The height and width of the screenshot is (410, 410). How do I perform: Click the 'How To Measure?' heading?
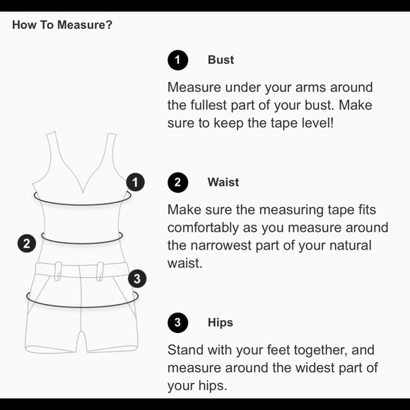(x=62, y=25)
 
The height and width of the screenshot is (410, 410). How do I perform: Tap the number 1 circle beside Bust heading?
(x=178, y=60)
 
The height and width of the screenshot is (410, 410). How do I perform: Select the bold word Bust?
(x=221, y=60)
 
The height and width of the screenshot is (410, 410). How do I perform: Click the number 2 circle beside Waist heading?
(x=178, y=182)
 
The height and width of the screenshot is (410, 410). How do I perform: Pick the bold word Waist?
(x=223, y=182)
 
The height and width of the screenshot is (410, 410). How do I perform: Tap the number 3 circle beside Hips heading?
(x=178, y=322)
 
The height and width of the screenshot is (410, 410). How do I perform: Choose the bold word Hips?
(x=221, y=322)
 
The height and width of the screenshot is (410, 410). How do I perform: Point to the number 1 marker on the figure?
(x=136, y=182)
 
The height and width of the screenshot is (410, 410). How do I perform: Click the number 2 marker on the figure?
(x=27, y=243)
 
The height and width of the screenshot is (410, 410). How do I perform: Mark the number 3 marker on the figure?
(x=137, y=279)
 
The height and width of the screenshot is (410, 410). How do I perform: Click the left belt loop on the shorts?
(x=58, y=271)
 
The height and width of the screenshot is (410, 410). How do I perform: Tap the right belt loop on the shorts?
(x=100, y=271)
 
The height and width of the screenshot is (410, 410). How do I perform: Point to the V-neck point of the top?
(x=83, y=193)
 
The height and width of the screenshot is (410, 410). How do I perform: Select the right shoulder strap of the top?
(x=111, y=152)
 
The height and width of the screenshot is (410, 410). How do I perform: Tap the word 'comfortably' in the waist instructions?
(x=203, y=228)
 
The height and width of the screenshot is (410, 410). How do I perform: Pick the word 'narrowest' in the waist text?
(x=221, y=246)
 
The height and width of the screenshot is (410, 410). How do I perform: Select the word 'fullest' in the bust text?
(x=209, y=105)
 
